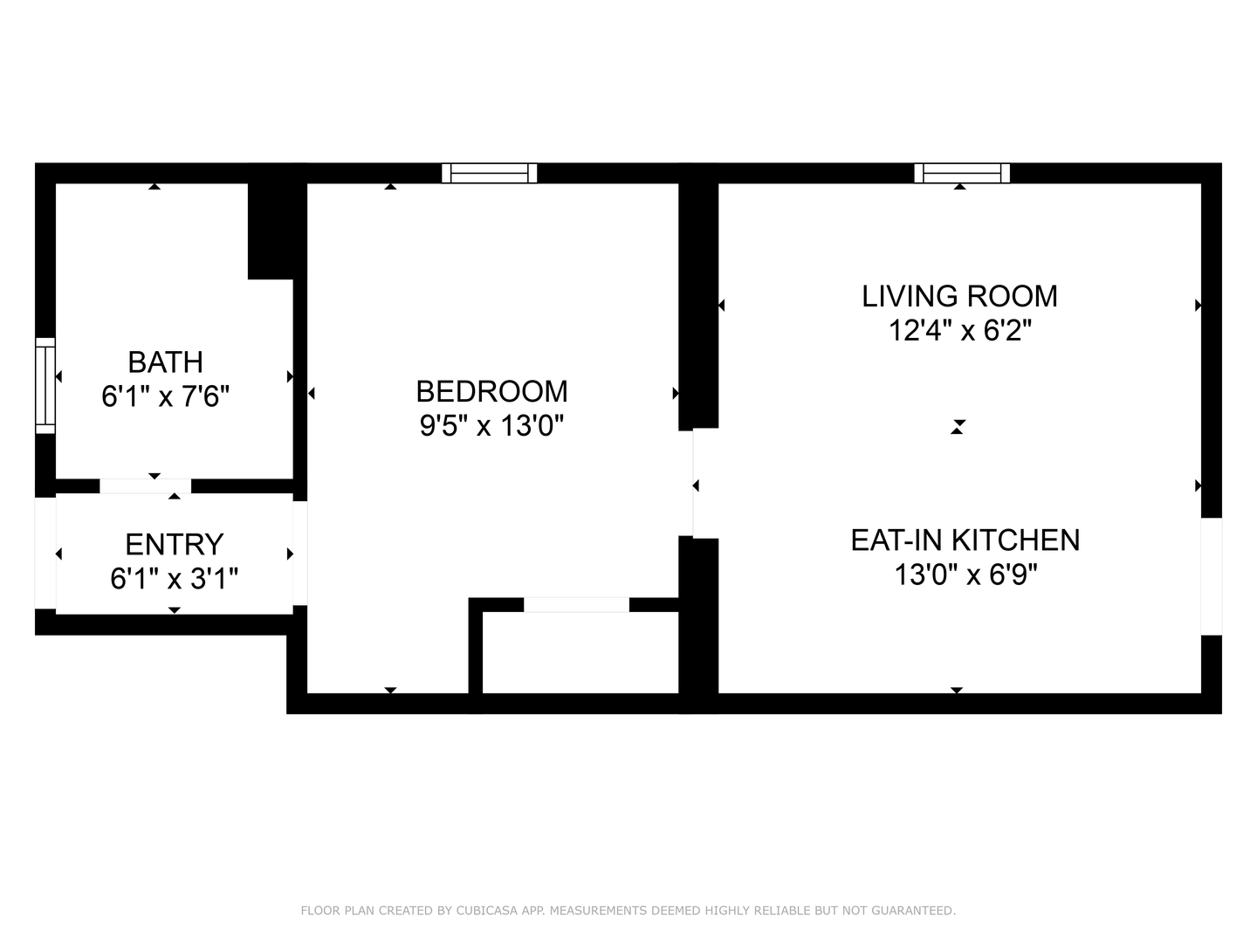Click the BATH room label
click(166, 361)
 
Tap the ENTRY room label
click(174, 545)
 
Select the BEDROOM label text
click(492, 392)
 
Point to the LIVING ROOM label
click(960, 297)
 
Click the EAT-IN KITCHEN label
click(965, 540)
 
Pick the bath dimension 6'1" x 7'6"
click(166, 396)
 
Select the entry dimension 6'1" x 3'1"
click(174, 578)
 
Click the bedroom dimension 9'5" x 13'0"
click(492, 425)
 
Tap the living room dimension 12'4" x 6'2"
click(960, 330)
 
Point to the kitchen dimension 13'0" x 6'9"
click(965, 575)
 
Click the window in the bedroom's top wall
click(490, 173)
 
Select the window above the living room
click(962, 173)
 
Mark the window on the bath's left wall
click(45, 385)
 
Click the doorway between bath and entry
click(146, 486)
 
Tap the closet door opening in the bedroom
click(577, 604)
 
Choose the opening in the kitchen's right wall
click(1212, 576)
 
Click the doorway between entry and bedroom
click(300, 553)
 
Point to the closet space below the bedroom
click(580, 652)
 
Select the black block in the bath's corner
click(271, 231)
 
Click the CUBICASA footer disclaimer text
click(628, 911)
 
